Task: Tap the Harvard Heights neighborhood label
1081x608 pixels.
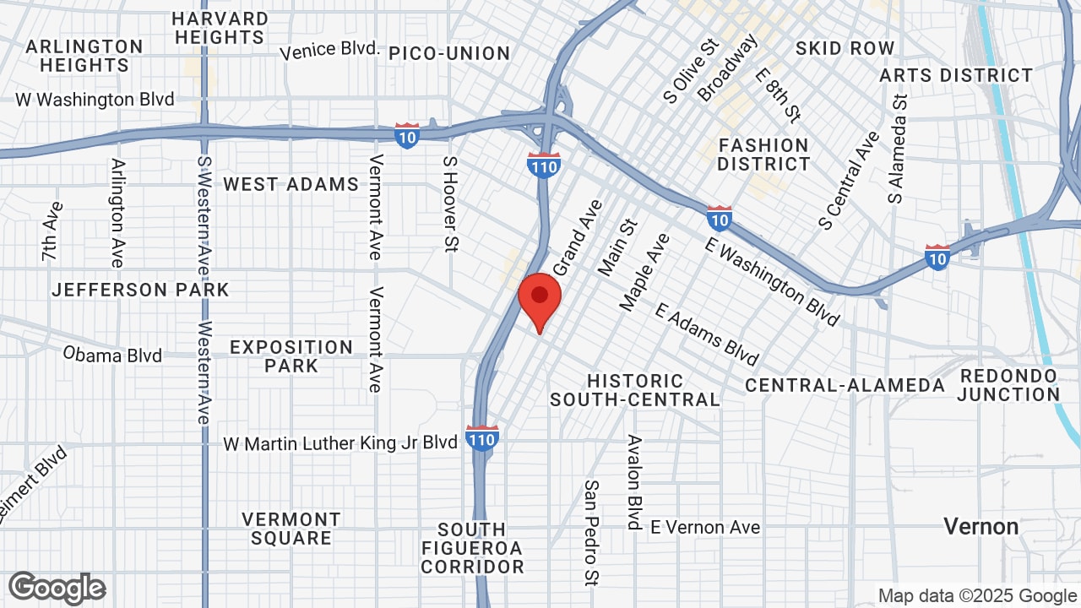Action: (220, 28)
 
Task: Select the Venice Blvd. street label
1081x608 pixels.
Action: (329, 50)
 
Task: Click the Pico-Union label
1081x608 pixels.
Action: (449, 53)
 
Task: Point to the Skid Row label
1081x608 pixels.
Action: (845, 48)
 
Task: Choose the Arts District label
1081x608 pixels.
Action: (956, 75)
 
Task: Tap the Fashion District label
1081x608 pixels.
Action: (763, 155)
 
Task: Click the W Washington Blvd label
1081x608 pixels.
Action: (95, 100)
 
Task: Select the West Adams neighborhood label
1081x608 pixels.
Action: (291, 184)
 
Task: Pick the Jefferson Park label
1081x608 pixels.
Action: (140, 290)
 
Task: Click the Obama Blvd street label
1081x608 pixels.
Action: (112, 355)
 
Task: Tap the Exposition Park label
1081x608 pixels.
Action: (291, 356)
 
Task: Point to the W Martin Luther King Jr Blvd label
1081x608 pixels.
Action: (340, 442)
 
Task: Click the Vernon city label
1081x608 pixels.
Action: (981, 527)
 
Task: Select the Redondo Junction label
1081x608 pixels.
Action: (1008, 385)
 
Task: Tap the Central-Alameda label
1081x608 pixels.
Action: (845, 385)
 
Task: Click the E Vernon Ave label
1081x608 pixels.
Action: (705, 527)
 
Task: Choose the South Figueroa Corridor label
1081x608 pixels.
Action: (472, 548)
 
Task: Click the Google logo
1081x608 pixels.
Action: (57, 588)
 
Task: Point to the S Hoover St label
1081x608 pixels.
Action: (450, 204)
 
